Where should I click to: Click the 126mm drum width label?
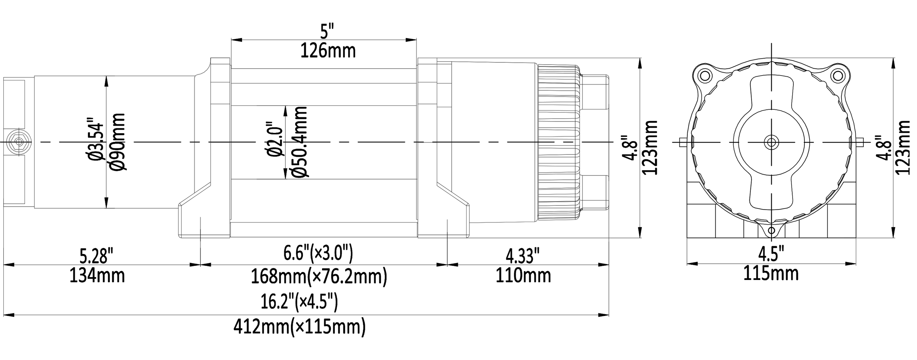coord(328,51)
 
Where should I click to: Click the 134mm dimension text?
coord(97,276)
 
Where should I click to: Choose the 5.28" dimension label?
coord(96,256)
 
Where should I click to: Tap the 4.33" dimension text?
coord(523,256)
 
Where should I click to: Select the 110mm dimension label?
coord(523,276)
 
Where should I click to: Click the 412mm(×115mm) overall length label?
coord(300,327)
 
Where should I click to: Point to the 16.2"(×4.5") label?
coord(299,302)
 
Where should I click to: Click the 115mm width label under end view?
coord(771,273)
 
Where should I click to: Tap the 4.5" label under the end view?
coord(771,254)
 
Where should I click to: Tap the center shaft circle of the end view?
coord(771,142)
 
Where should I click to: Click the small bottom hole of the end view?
coord(772,230)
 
